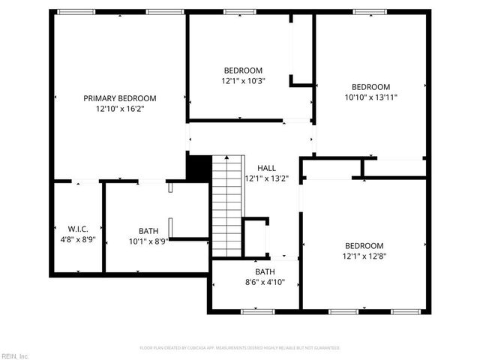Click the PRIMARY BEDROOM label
(x=119, y=98)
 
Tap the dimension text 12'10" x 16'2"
(x=119, y=109)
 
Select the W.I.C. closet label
(x=78, y=229)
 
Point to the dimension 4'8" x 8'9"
(x=77, y=240)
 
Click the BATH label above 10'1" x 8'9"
(x=148, y=231)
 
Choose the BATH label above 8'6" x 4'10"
(x=265, y=271)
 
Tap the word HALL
(x=266, y=168)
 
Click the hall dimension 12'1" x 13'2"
(x=266, y=178)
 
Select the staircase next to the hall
(x=227, y=206)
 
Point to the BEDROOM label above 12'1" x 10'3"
(x=243, y=70)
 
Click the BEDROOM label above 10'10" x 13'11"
(x=371, y=86)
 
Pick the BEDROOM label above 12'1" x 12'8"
(x=364, y=246)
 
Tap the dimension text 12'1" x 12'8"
(x=364, y=256)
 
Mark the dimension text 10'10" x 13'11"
(x=371, y=97)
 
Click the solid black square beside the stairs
(x=198, y=167)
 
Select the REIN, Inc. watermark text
(x=15, y=355)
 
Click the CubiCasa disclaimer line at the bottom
(x=240, y=348)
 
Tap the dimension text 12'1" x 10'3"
(x=243, y=81)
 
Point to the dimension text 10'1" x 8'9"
(x=148, y=241)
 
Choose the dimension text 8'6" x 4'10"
(x=265, y=283)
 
